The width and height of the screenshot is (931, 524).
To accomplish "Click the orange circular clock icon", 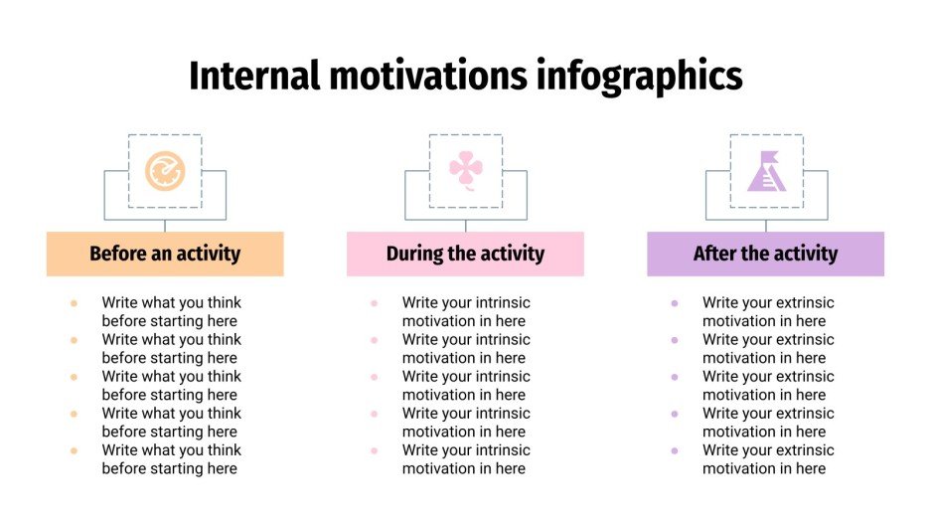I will click(165, 171).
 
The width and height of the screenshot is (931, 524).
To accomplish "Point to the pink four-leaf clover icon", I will click(465, 170).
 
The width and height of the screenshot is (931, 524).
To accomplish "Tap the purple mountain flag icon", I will click(766, 171).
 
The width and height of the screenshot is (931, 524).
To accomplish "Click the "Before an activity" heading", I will click(165, 254).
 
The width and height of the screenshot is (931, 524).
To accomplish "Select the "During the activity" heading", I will click(465, 254).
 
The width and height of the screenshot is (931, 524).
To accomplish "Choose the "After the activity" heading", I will click(765, 254).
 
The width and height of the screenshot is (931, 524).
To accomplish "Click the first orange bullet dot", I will click(74, 303).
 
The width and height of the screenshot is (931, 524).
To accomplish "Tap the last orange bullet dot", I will click(74, 450).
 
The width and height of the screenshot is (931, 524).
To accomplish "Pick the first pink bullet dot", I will click(374, 303).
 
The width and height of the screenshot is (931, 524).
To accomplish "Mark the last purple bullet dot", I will click(675, 450).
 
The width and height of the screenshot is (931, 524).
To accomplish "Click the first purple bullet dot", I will click(675, 303).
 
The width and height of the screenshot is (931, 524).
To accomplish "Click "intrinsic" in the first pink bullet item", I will click(500, 303).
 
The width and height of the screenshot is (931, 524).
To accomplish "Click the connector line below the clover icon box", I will click(465, 225).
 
